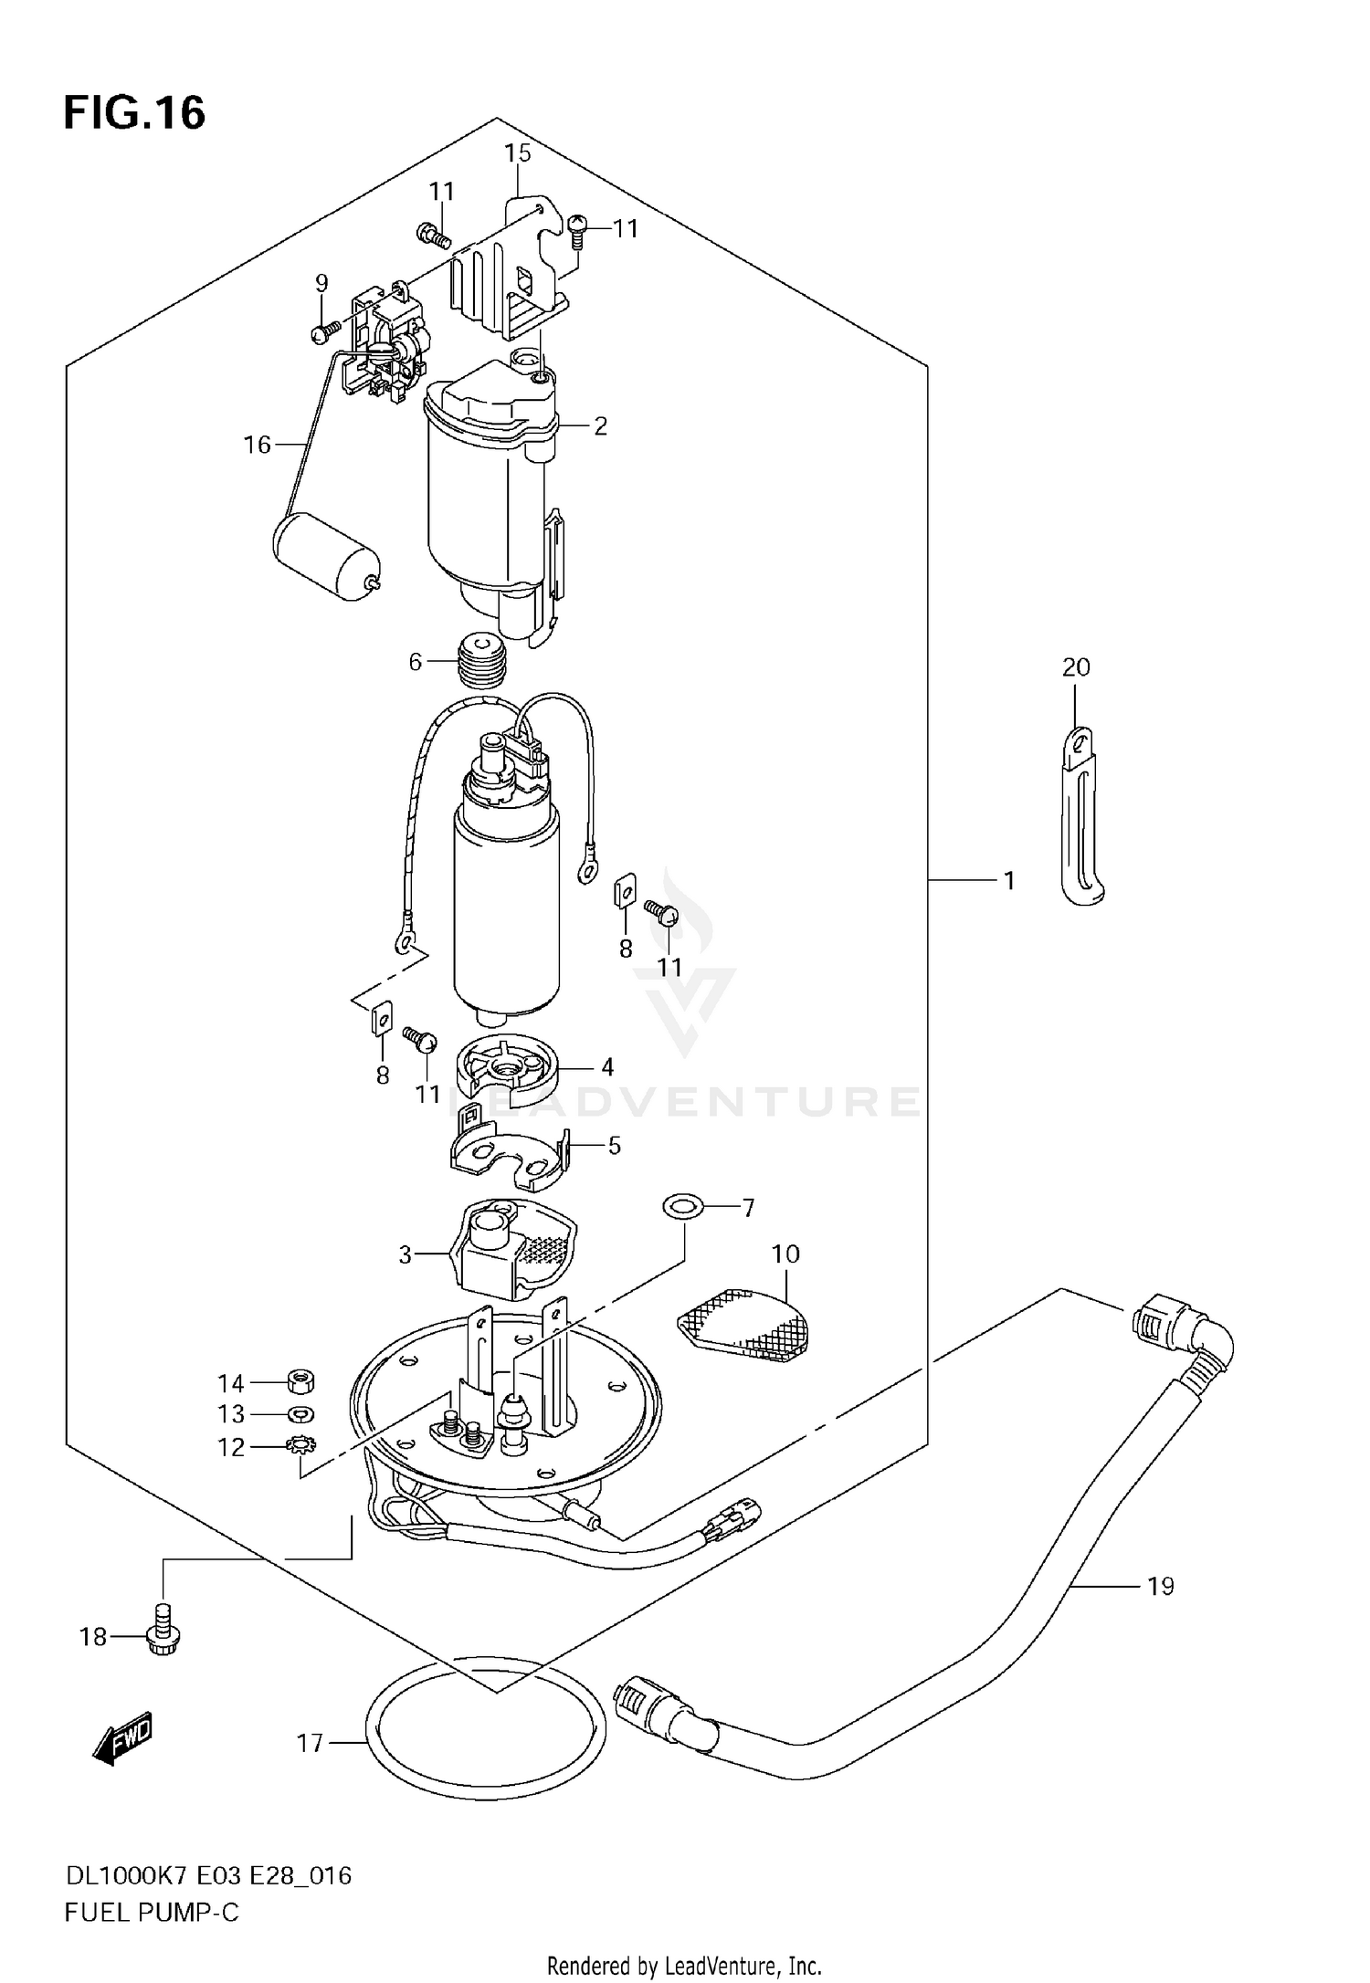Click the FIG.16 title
(134, 113)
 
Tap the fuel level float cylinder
(324, 556)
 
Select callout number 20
(1076, 667)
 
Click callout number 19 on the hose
(1160, 1587)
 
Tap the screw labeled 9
(321, 333)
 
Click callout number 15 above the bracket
(518, 153)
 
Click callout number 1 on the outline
(1009, 881)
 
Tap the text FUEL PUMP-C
(152, 1914)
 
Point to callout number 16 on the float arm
(258, 445)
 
